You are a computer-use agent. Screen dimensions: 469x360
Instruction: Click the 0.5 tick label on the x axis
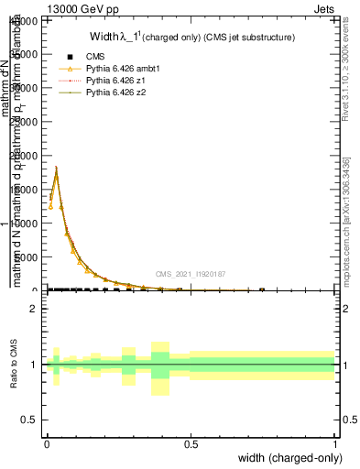coord(191,443)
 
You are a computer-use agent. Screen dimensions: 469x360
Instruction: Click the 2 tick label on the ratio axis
coord(34,310)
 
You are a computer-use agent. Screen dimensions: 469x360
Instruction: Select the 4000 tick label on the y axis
coord(26,21)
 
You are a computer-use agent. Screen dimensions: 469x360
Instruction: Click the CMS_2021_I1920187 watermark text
coord(190,274)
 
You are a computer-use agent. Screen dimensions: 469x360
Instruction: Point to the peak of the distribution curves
coord(56,168)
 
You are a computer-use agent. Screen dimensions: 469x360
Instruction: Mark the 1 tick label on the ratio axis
coord(34,365)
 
